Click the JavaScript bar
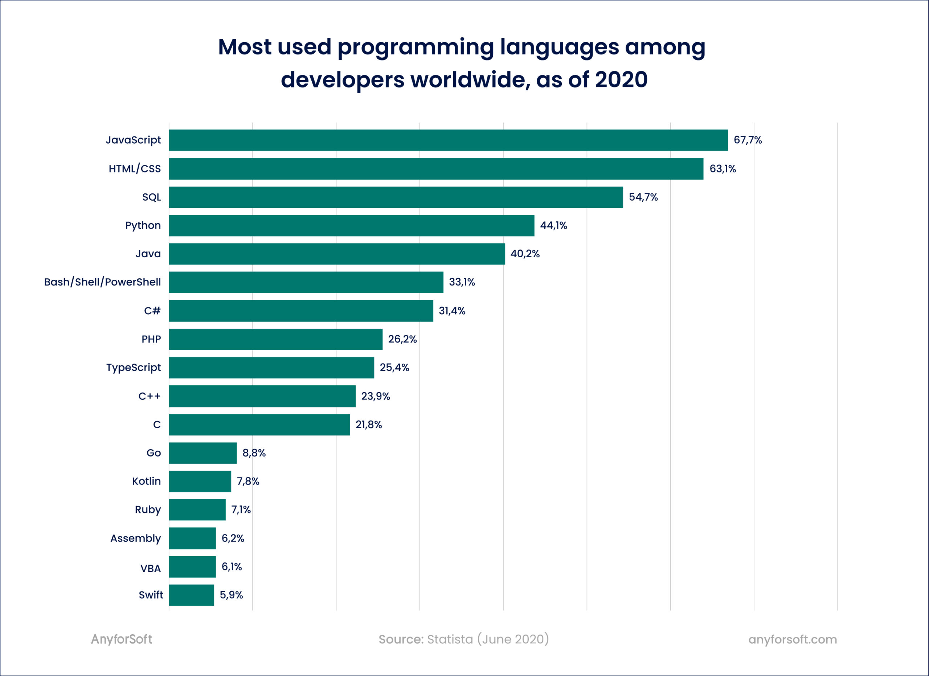(x=448, y=140)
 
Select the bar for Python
(x=351, y=226)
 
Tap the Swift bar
(x=191, y=595)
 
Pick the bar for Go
(x=203, y=453)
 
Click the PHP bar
(x=276, y=339)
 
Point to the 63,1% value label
(x=723, y=169)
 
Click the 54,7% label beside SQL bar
(x=643, y=197)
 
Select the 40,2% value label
(x=525, y=254)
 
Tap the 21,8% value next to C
(x=368, y=425)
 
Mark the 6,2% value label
(x=233, y=538)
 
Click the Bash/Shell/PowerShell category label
(x=102, y=282)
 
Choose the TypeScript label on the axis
(x=134, y=368)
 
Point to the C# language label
(x=152, y=311)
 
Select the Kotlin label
(x=146, y=481)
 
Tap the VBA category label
(x=150, y=568)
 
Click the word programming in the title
(x=416, y=48)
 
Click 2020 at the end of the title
(x=621, y=79)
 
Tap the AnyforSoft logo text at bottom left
(x=121, y=639)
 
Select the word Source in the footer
(x=401, y=639)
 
